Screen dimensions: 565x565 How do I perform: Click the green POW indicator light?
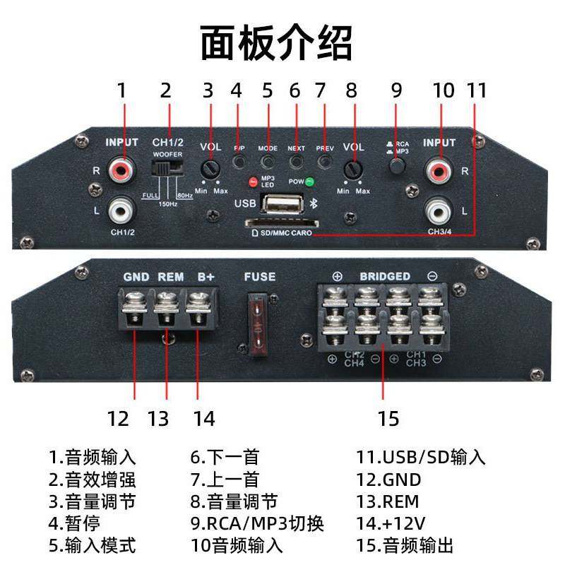click(310, 181)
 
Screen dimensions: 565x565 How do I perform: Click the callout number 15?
click(388, 418)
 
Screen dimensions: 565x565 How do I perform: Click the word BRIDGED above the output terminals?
click(385, 276)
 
